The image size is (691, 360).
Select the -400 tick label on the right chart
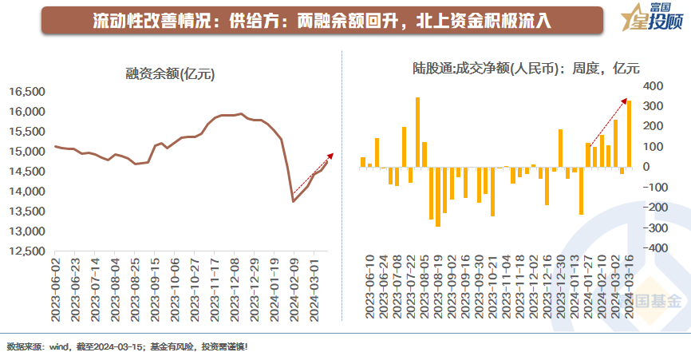click(x=651, y=248)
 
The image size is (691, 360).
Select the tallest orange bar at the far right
click(x=630, y=133)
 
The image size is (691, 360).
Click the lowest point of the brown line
click(x=293, y=201)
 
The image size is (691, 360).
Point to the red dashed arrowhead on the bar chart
click(x=624, y=99)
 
